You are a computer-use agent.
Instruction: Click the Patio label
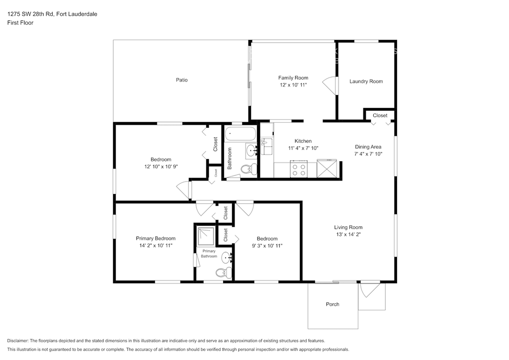[x=181, y=80]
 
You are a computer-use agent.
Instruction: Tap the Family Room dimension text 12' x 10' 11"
[x=293, y=85]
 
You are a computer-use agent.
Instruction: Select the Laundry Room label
[x=366, y=81]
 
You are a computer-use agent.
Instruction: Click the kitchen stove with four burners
[x=299, y=169]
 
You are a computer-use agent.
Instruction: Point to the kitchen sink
[x=266, y=146]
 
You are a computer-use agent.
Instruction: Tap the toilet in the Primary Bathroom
[x=224, y=272]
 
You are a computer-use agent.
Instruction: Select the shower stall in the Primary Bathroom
[x=206, y=236]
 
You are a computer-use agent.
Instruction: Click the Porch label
[x=333, y=304]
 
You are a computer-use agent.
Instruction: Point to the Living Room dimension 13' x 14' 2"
[x=348, y=234]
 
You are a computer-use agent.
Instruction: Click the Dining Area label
[x=368, y=147]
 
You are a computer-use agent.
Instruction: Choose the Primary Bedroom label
[x=156, y=238]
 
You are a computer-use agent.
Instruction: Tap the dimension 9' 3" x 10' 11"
[x=267, y=246]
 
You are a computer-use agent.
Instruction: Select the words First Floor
[x=20, y=23]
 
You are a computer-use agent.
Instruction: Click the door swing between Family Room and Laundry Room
[x=329, y=85]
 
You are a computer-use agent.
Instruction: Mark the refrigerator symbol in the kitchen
[x=327, y=169]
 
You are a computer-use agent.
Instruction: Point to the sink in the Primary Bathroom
[x=227, y=258]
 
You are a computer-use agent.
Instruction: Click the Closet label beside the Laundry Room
[x=380, y=115]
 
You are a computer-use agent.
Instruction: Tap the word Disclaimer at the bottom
[x=18, y=341]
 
